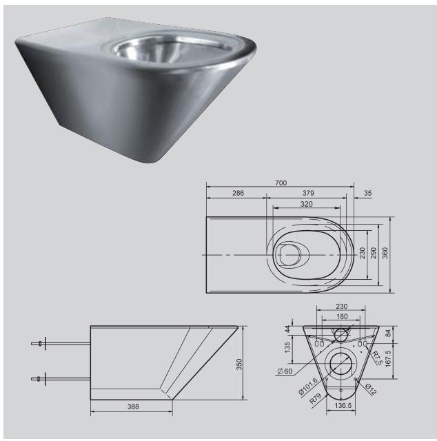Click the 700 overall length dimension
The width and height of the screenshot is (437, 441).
(x=281, y=183)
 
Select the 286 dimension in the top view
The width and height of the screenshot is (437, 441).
(x=236, y=194)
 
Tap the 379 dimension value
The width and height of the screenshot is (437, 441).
(x=308, y=194)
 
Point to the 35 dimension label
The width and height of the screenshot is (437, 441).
(x=367, y=194)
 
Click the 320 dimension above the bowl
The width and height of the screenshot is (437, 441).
(x=306, y=204)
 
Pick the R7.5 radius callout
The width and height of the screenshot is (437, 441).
(x=376, y=356)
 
